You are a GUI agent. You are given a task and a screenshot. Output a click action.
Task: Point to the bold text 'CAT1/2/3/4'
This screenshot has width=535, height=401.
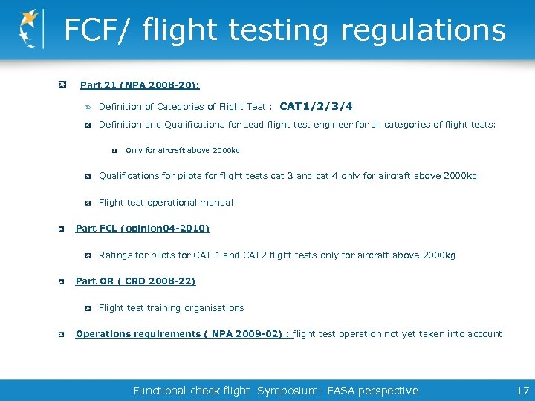coord(316,106)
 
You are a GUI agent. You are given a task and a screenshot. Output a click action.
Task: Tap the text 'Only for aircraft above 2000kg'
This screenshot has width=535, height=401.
coord(183,150)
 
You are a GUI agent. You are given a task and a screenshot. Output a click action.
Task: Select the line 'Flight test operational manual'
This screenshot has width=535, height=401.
coord(166,202)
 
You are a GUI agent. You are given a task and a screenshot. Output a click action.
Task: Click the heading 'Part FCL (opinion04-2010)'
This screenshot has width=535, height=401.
coord(143,228)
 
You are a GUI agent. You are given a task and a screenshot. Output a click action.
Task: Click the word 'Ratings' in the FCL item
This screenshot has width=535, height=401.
coord(115,255)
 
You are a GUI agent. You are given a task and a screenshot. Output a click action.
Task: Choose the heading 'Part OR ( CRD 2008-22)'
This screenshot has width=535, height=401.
coord(135,281)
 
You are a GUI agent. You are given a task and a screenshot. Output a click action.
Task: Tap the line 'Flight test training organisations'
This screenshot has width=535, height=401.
coord(171,307)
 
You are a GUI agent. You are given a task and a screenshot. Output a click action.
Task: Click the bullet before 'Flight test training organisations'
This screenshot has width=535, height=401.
coord(88,307)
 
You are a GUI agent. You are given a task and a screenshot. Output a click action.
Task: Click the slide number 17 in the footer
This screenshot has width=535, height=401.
coord(522,391)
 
